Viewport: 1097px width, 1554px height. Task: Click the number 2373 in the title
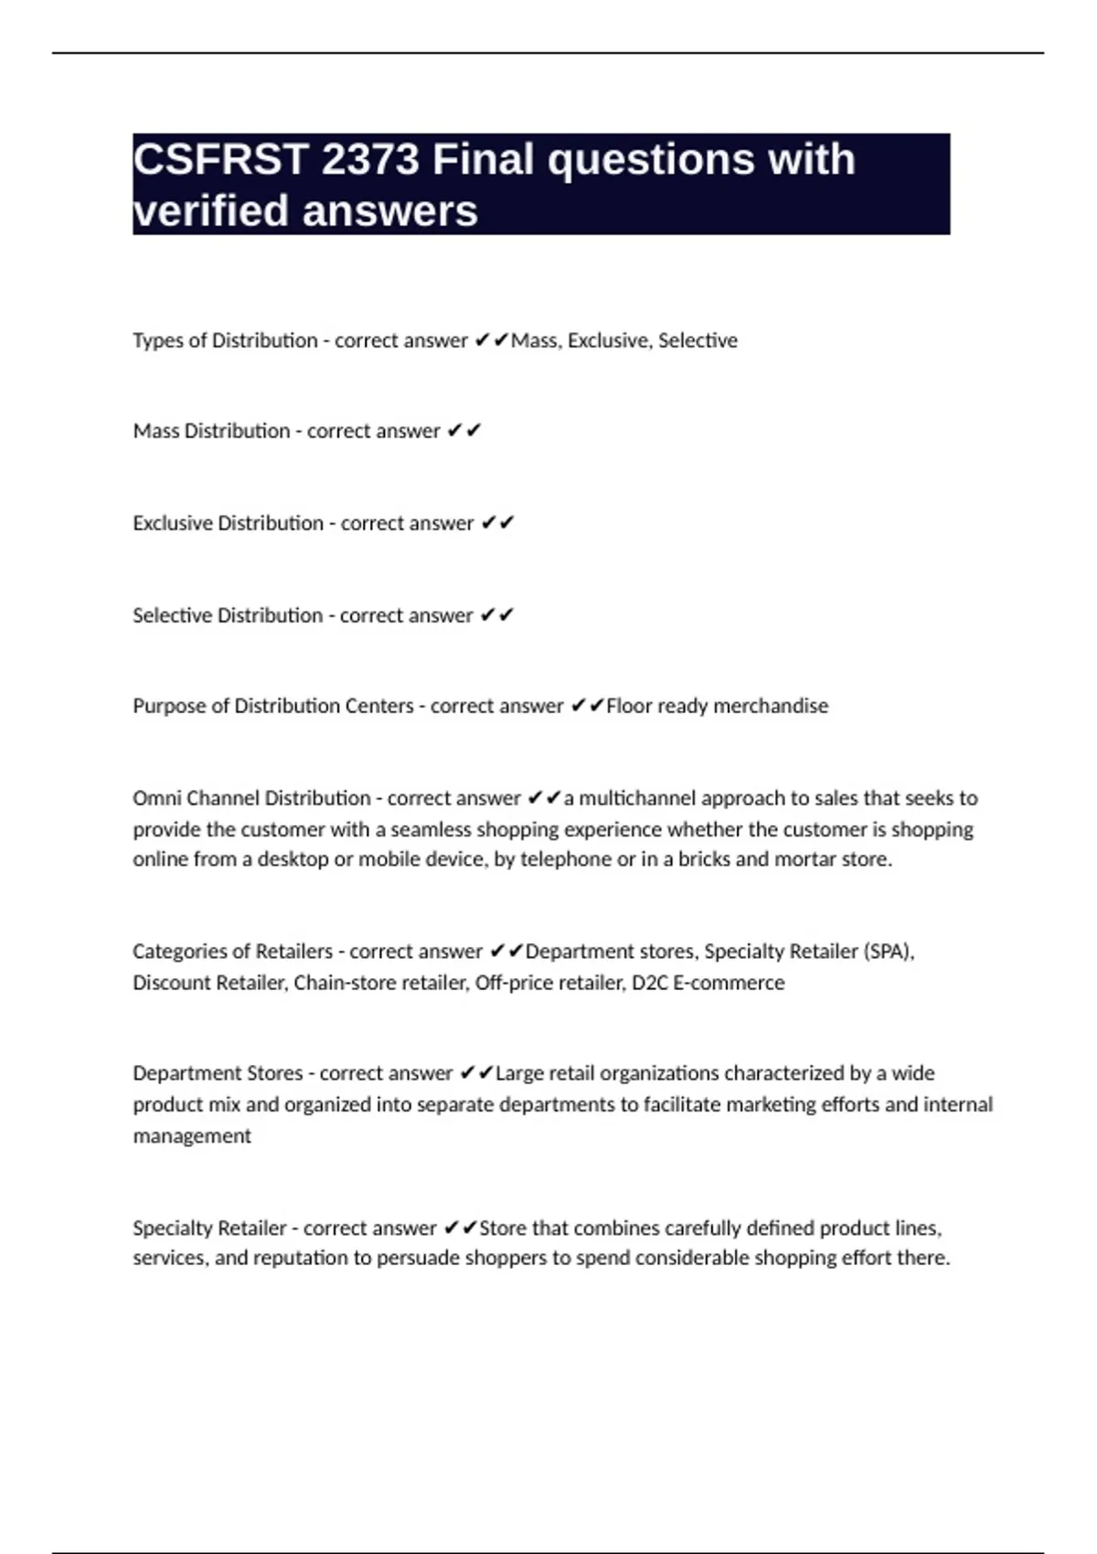pyautogui.click(x=369, y=160)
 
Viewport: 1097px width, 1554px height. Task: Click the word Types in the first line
pyautogui.click(x=158, y=341)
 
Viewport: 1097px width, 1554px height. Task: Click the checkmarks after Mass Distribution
pyautogui.click(x=463, y=431)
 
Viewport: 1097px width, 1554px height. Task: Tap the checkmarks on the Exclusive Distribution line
pyautogui.click(x=497, y=523)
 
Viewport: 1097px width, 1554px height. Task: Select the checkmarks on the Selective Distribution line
pyautogui.click(x=497, y=615)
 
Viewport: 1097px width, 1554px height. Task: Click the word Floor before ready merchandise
pyautogui.click(x=629, y=706)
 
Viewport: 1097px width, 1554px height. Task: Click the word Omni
pyautogui.click(x=157, y=798)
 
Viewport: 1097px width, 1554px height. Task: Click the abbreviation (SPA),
pyautogui.click(x=889, y=952)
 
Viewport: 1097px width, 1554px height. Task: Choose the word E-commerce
pyautogui.click(x=729, y=983)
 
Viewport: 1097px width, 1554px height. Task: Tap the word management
pyautogui.click(x=192, y=1136)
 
